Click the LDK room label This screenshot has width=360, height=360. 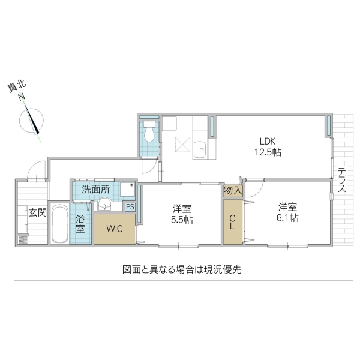click(268, 142)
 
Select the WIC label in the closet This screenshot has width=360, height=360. click(115, 229)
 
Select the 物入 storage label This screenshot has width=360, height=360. click(232, 191)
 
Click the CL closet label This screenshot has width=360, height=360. click(232, 222)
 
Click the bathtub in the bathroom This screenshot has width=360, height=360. click(59, 224)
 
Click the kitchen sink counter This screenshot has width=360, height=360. click(200, 144)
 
